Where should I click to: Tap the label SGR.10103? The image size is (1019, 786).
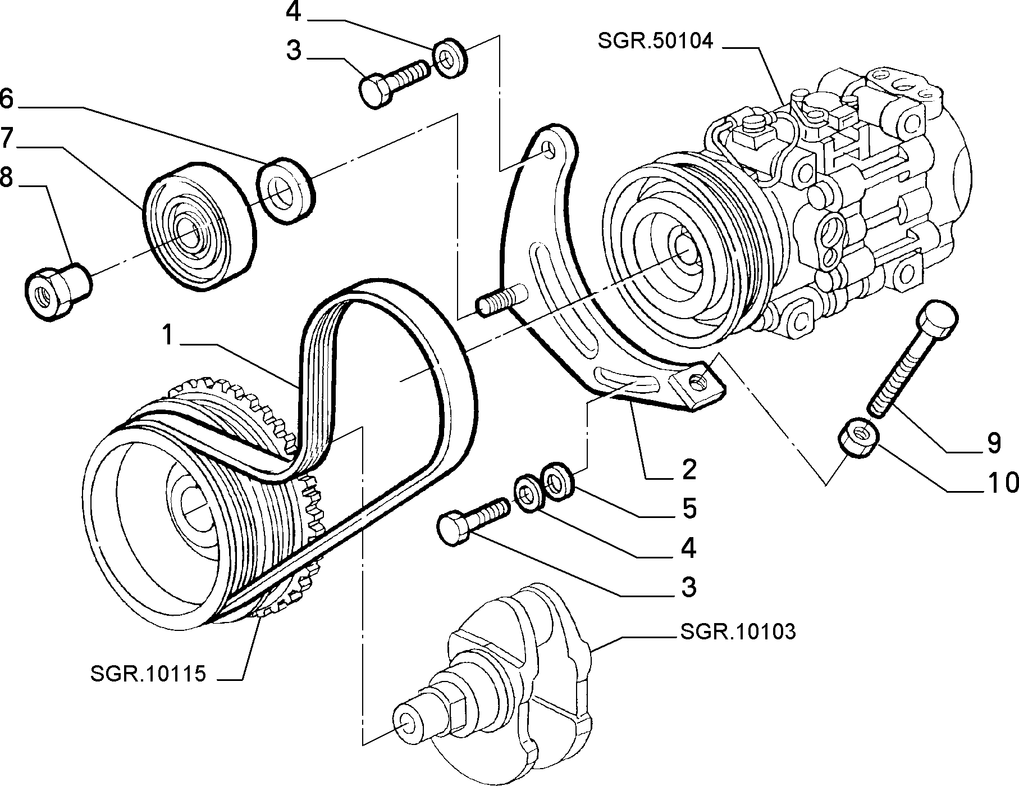point(737,632)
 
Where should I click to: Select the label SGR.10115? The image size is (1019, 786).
point(148,674)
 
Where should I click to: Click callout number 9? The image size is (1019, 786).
point(994,443)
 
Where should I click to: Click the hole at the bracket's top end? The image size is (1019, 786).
point(550,147)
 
